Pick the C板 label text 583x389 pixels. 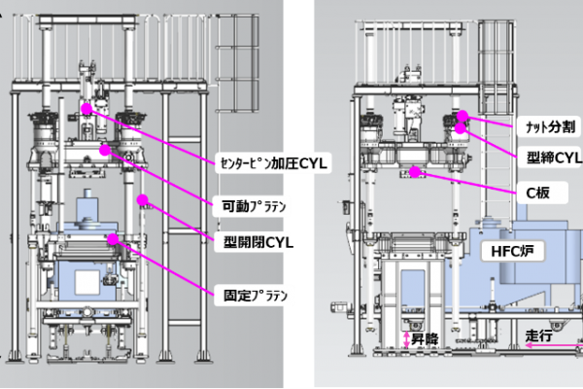coord(538,193)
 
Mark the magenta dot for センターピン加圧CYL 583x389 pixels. coord(87,110)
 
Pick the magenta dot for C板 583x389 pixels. coord(416,172)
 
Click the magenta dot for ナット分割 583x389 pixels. coord(463,116)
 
